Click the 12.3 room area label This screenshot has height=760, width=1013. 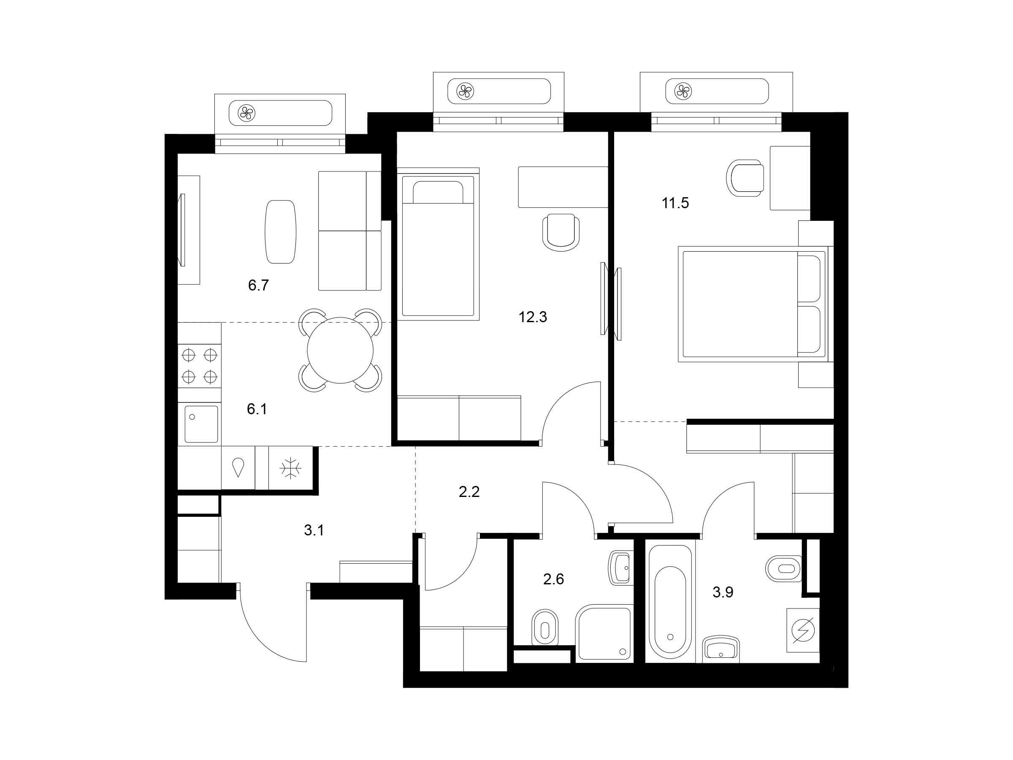533,317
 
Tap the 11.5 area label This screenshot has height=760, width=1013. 675,203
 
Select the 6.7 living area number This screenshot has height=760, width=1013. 258,285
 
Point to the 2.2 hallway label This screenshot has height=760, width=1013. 469,492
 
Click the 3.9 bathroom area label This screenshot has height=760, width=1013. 723,592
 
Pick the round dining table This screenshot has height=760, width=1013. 340,350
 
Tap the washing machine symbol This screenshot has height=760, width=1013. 803,630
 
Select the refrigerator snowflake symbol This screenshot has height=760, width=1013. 290,468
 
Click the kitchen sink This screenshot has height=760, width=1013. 201,424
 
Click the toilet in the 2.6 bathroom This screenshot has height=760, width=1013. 545,627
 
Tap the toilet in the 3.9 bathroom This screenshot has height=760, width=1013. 783,568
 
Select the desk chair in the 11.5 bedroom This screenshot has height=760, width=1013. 745,178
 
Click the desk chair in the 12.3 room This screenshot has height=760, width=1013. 561,232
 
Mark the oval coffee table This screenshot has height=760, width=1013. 280,232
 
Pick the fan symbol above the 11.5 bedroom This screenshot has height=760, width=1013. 683,91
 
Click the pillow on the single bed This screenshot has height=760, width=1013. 438,192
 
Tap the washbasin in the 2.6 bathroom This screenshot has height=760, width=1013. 621,567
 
